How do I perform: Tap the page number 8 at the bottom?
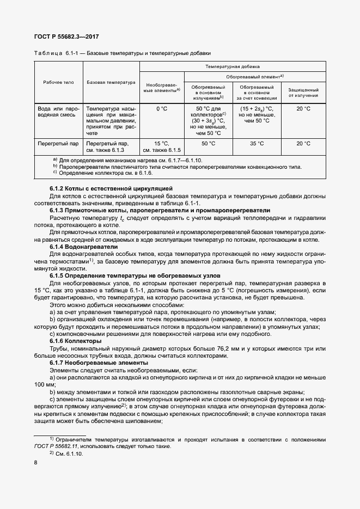click(35, 462)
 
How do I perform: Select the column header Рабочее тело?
click(58, 82)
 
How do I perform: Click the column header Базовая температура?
click(111, 82)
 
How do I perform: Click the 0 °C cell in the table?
click(161, 109)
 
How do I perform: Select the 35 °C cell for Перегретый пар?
click(256, 144)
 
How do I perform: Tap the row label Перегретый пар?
click(58, 144)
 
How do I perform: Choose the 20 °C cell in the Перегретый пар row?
click(303, 144)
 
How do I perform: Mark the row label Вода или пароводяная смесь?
click(58, 112)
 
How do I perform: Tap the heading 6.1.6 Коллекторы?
click(72, 340)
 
